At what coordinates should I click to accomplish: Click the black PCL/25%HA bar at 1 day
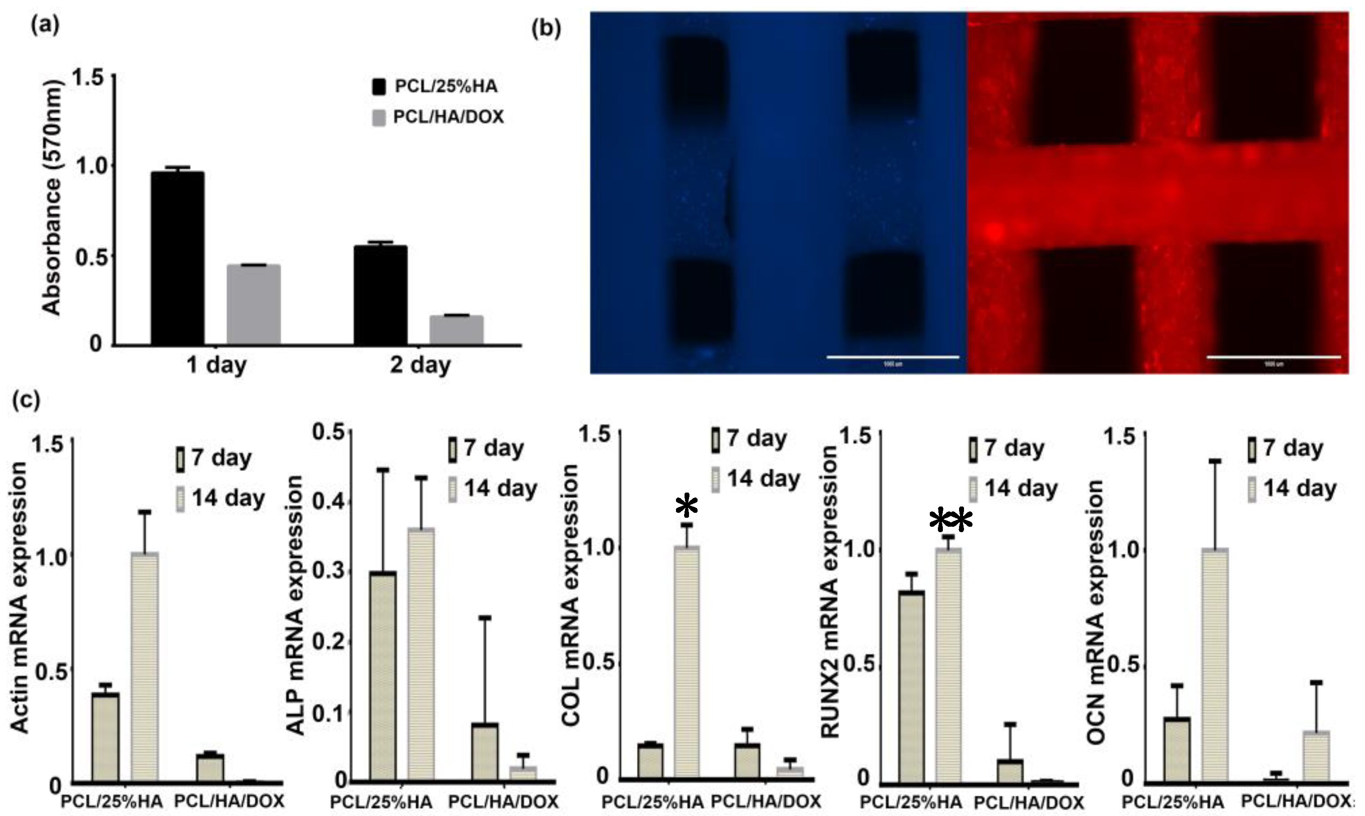coord(178,259)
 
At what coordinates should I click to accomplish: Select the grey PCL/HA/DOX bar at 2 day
coord(456,330)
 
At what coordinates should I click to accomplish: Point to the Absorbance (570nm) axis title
coord(52,198)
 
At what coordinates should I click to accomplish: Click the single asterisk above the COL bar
coord(687,507)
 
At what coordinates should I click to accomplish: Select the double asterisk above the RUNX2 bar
coord(951,520)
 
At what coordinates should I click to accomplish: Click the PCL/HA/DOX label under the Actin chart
coord(230,801)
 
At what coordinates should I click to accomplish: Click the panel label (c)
coord(26,400)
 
